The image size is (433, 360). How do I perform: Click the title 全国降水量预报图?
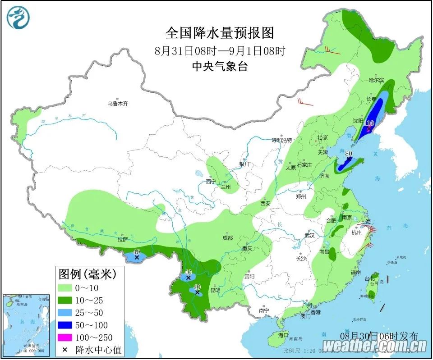point(220,33)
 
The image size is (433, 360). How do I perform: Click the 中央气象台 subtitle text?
point(220,66)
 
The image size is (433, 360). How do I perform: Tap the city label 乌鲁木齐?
point(118,104)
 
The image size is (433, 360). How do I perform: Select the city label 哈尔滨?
point(375,80)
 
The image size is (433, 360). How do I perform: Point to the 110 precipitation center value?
point(369,123)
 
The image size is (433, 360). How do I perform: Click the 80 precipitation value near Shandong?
point(348,154)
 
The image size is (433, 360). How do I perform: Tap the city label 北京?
point(322,137)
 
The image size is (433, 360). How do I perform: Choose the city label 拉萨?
point(123,239)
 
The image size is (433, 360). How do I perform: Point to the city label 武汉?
point(309,235)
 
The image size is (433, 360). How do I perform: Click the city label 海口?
point(283,335)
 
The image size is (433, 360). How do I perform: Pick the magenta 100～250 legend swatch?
point(66,337)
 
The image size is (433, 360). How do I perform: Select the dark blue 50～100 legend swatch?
point(66,325)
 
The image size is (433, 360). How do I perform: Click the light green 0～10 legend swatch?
point(66,288)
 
